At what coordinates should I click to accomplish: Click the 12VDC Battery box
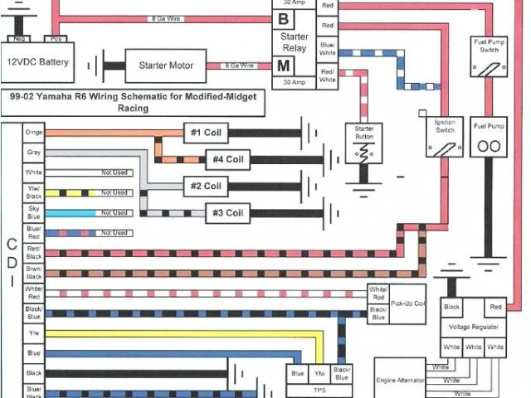tap(38, 62)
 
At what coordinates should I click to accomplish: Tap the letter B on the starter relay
tap(285, 18)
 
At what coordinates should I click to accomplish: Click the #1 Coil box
tap(206, 133)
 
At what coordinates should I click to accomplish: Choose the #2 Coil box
tap(206, 186)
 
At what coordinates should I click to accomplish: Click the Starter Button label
tap(363, 132)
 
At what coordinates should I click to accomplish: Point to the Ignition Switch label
tap(446, 125)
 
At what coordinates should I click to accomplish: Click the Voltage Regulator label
tap(474, 327)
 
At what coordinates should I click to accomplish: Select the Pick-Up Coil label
tap(408, 303)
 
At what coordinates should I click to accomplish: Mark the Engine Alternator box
tap(401, 380)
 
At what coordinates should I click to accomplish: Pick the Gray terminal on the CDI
tap(34, 153)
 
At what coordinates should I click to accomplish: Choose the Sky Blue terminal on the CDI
tap(34, 212)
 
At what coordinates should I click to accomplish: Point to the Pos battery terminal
tap(56, 39)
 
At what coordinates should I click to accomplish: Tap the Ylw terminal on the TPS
tap(319, 374)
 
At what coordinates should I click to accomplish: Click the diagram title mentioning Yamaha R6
tap(134, 101)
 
